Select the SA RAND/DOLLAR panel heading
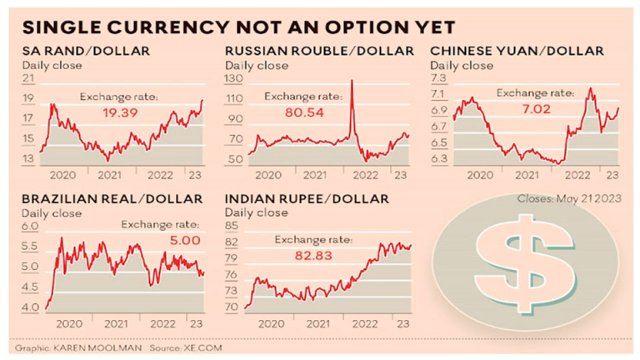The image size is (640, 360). [x=87, y=51]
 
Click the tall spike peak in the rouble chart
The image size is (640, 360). [x=352, y=82]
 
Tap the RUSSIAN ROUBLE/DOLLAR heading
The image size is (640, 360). [x=319, y=51]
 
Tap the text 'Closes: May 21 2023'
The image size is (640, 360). [x=569, y=200]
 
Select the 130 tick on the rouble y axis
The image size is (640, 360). [x=234, y=78]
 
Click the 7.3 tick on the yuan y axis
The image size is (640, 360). [x=438, y=78]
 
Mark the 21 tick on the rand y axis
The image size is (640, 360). [x=27, y=78]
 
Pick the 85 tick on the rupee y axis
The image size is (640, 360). [x=232, y=226]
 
